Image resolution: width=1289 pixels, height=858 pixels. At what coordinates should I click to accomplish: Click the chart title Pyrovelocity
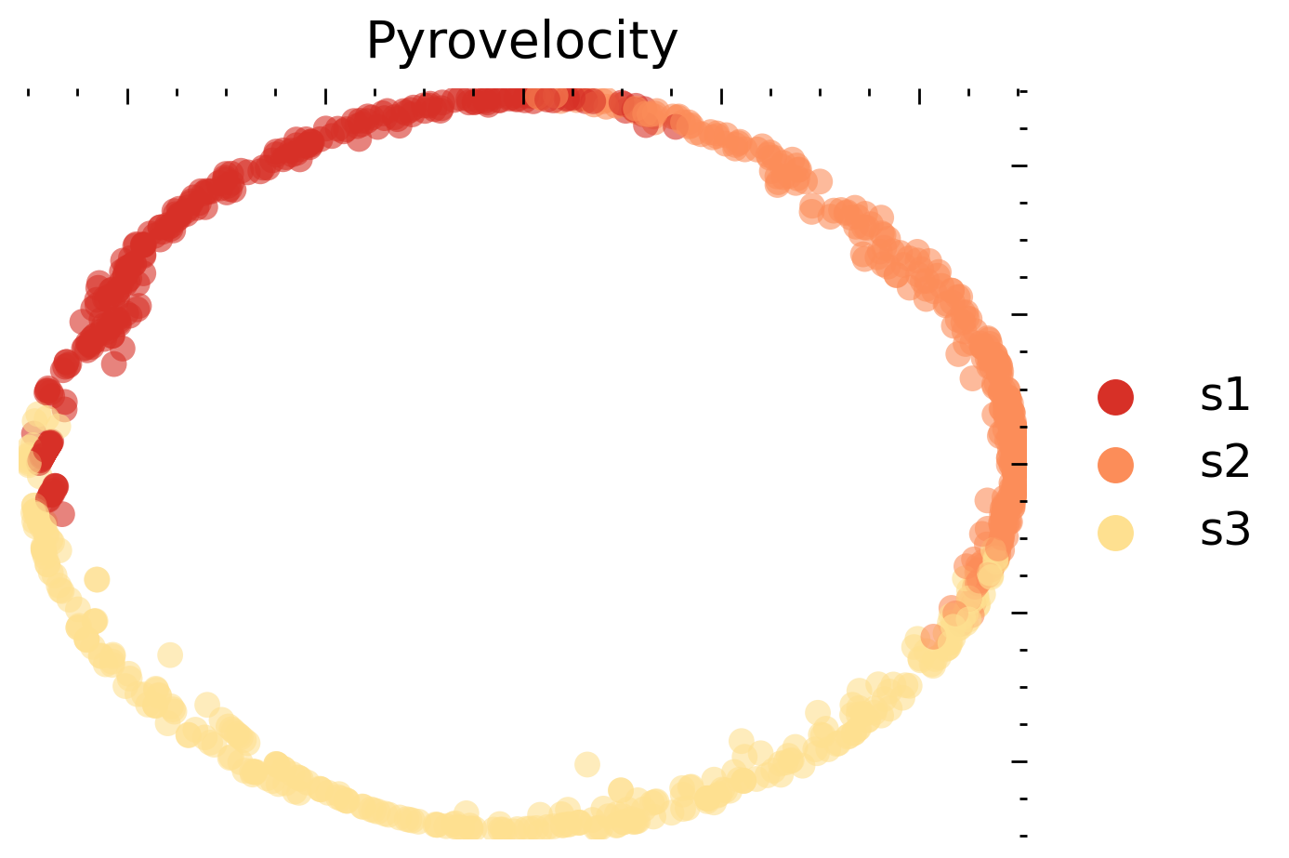click(x=522, y=43)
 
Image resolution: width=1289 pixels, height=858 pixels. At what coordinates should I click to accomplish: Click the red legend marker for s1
click(x=1115, y=397)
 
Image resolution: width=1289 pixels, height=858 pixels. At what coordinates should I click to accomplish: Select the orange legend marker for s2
click(x=1115, y=465)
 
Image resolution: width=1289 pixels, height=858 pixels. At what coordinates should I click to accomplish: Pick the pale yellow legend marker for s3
click(x=1115, y=533)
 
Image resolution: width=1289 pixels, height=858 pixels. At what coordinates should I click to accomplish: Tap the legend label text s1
click(x=1225, y=396)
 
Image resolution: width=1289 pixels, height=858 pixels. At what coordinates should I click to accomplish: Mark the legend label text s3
click(x=1225, y=531)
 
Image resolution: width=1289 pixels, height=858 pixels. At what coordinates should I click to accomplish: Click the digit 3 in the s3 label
click(x=1237, y=530)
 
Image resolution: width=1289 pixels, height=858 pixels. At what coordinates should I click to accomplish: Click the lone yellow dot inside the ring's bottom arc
click(x=587, y=764)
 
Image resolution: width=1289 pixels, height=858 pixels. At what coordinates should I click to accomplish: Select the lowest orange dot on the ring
click(x=933, y=637)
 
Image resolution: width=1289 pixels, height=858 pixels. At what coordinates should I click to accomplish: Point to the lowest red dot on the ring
click(x=61, y=514)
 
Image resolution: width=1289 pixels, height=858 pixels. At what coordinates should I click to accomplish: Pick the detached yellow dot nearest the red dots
click(x=97, y=579)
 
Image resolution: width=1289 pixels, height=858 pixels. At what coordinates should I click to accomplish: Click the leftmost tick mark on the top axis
click(x=28, y=93)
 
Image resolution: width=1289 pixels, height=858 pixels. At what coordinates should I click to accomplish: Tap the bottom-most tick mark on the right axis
click(x=1023, y=836)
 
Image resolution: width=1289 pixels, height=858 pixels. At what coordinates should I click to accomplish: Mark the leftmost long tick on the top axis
click(x=127, y=97)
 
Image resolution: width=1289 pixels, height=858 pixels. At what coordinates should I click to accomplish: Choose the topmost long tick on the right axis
click(x=1019, y=165)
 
